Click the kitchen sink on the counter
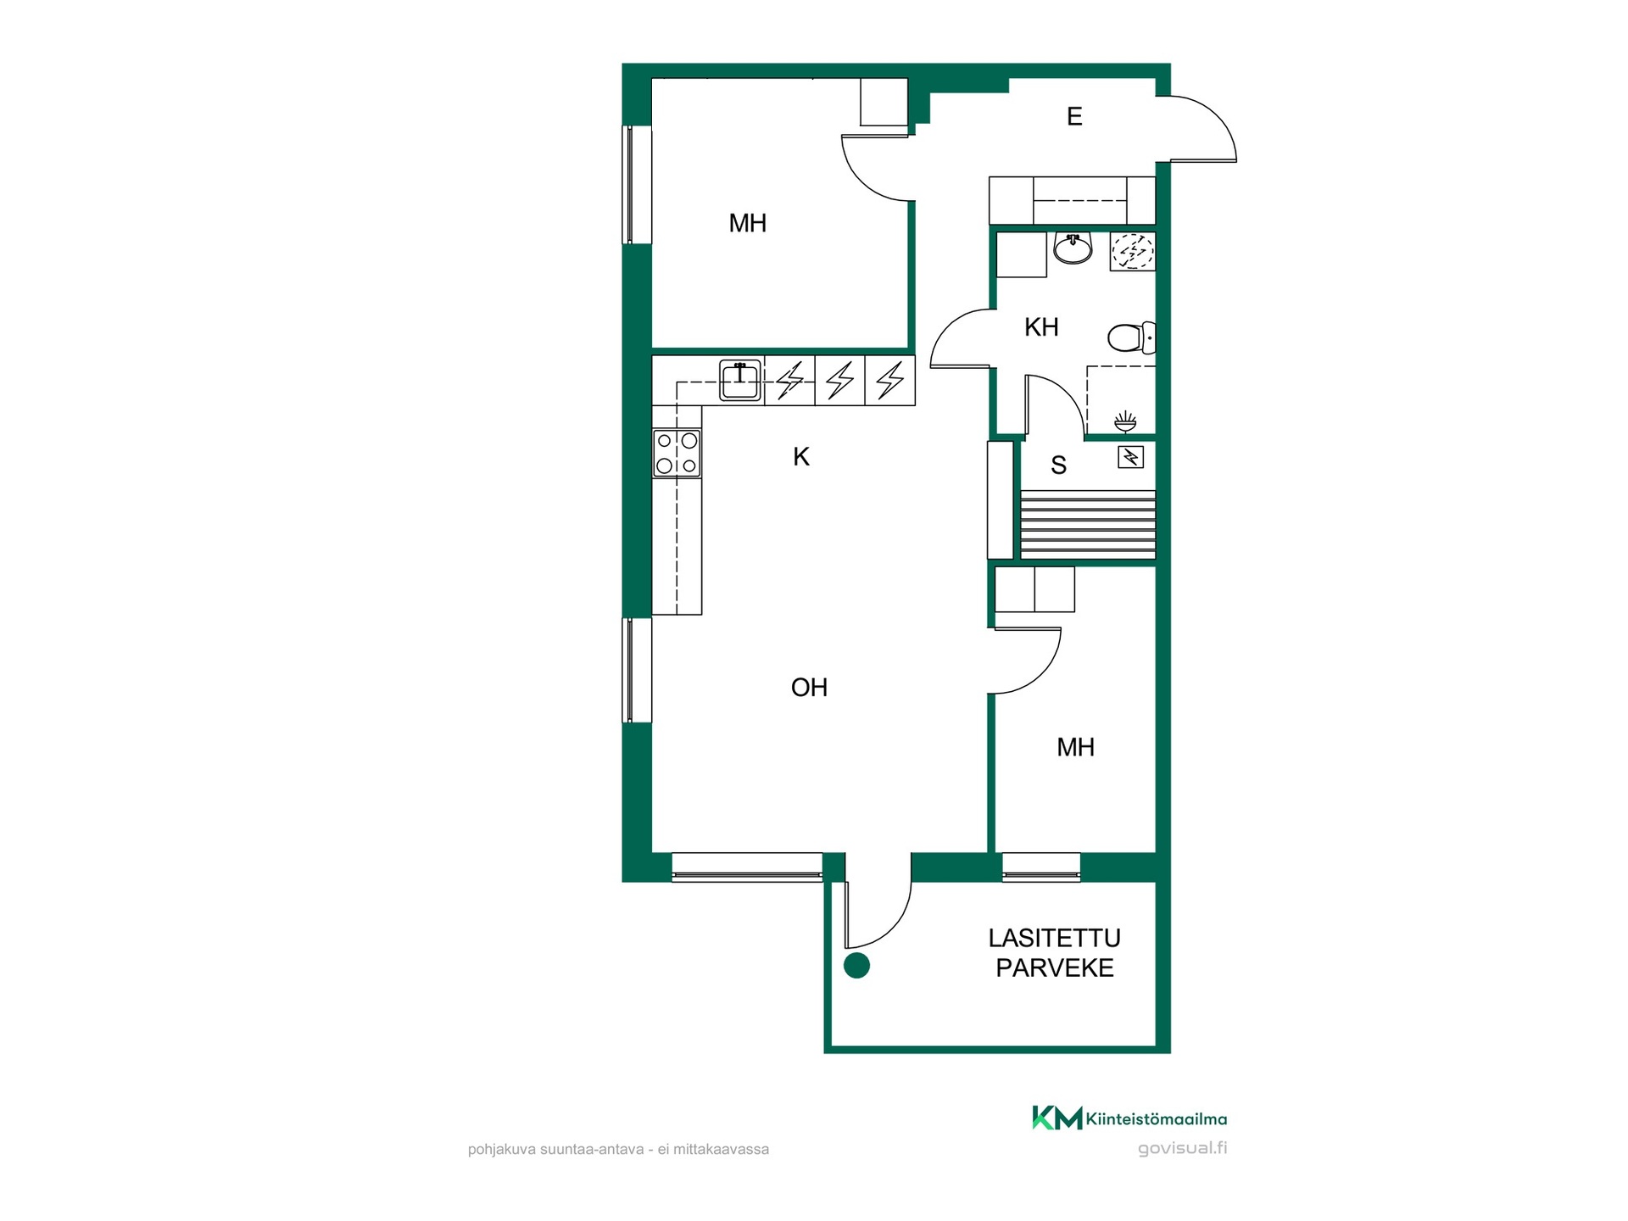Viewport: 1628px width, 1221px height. coord(740,381)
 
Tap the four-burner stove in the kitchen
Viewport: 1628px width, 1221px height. coord(677,454)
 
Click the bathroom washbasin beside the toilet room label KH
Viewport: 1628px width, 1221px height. coord(1073,248)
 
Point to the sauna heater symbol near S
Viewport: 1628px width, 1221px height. coord(1131,458)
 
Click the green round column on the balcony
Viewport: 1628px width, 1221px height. coord(856,966)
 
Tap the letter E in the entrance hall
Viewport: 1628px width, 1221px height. coord(1074,116)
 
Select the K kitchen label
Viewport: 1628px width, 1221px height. coord(801,457)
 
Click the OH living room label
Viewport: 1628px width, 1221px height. coord(809,687)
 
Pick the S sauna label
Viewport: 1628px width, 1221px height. coord(1058,465)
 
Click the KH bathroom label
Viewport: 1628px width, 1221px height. coord(1041,327)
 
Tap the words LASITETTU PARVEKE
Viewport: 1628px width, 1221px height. coord(1055,953)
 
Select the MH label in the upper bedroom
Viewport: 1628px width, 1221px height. coord(748,223)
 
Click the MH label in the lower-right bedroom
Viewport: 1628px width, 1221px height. coord(1075,747)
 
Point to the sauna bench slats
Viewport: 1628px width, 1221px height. coord(1088,524)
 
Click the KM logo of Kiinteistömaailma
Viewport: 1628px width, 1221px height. coord(1057,1118)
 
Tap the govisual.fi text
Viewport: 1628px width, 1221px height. coord(1182,1148)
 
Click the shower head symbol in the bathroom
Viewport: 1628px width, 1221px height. coord(1125,421)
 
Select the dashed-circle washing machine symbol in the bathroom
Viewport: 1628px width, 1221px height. coord(1133,251)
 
